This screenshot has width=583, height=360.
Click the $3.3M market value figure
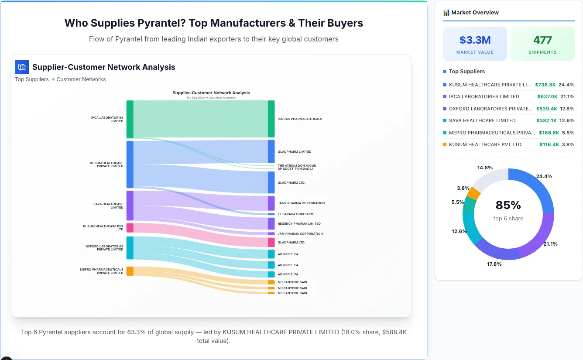tap(475, 40)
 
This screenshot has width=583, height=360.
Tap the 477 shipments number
tap(542, 40)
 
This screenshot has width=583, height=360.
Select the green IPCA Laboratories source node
tap(130, 119)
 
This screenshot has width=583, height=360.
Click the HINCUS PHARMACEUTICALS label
tap(300, 119)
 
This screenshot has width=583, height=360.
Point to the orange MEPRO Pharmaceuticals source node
tap(130, 271)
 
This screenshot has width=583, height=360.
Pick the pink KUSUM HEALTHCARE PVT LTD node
tap(130, 228)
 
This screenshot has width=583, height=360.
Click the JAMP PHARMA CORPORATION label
tap(301, 203)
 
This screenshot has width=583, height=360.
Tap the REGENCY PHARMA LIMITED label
tap(299, 224)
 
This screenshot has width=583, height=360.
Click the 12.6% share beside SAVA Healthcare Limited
tap(567, 120)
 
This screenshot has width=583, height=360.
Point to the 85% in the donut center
tap(508, 205)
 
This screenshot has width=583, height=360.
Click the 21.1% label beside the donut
tap(550, 244)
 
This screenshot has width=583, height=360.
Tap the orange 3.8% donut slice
tap(473, 193)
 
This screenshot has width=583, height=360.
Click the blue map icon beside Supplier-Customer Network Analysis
tap(22, 67)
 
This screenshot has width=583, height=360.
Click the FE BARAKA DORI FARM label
tap(296, 214)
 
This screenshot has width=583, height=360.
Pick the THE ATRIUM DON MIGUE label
tap(297, 166)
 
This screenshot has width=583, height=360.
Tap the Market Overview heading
tap(475, 13)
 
